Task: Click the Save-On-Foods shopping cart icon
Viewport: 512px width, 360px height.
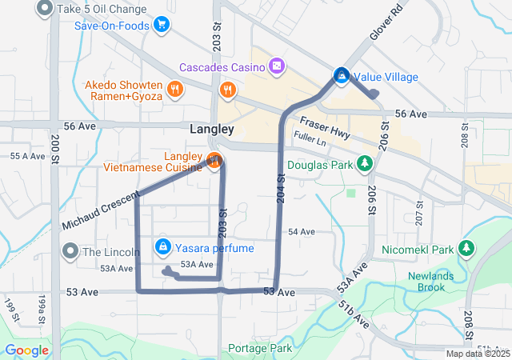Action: tap(162, 25)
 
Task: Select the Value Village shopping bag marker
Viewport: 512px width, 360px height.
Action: tap(341, 76)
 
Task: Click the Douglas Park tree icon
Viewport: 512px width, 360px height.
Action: tap(365, 164)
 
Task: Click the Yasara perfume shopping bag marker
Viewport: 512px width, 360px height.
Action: tap(163, 247)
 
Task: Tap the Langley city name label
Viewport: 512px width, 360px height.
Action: tap(212, 129)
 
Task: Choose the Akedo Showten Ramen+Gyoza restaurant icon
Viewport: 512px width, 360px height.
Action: tap(174, 89)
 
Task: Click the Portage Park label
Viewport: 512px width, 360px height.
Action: tap(259, 348)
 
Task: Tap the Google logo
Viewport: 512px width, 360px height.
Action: tap(27, 350)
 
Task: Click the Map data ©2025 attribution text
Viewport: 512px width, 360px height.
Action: tap(478, 354)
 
